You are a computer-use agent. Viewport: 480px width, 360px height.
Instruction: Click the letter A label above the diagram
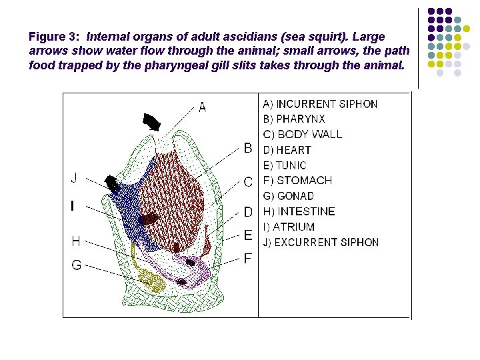(x=203, y=107)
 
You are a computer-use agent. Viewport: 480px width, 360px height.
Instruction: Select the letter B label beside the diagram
(x=248, y=147)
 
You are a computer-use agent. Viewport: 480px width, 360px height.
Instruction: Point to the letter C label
(x=248, y=181)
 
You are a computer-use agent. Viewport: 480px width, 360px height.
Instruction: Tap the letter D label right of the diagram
(x=248, y=212)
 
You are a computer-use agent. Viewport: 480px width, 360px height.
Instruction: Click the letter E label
(x=248, y=235)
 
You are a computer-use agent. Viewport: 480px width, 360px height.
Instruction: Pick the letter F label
(x=248, y=258)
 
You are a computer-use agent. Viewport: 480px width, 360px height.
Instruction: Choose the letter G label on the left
(x=77, y=265)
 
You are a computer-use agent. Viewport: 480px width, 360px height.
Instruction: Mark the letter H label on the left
(x=77, y=241)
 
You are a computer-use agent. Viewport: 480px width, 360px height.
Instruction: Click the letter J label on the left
(x=74, y=178)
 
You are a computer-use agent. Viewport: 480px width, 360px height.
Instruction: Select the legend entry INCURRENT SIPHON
(x=320, y=104)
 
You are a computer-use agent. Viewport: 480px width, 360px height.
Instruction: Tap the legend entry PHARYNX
(x=294, y=119)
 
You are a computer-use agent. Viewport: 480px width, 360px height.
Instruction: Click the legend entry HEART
(x=287, y=150)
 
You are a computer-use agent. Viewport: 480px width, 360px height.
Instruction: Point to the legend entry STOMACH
(x=297, y=181)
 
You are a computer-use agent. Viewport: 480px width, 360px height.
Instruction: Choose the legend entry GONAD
(x=289, y=196)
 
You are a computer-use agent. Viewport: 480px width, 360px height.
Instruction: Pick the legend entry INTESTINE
(x=299, y=211)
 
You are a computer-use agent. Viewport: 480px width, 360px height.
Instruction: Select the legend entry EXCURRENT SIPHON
(x=321, y=242)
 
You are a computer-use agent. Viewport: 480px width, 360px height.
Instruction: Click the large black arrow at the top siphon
(x=153, y=122)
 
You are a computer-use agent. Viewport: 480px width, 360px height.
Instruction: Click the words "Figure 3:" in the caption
(x=55, y=36)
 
